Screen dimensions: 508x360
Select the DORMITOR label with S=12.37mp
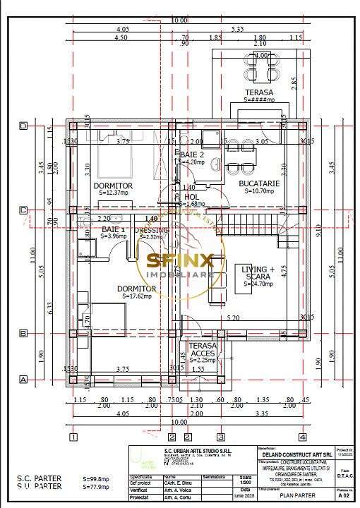click(x=112, y=186)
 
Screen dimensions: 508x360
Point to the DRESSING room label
click(x=152, y=230)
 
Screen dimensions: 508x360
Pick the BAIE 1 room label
click(x=114, y=230)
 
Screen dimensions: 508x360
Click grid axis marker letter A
click(x=23, y=380)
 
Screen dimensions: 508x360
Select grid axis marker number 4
click(x=302, y=435)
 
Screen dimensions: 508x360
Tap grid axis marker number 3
click(x=220, y=435)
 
